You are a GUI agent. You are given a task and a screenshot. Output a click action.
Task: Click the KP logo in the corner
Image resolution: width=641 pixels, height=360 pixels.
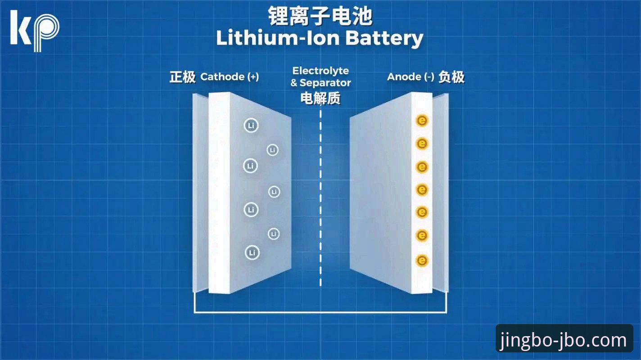coord(35,31)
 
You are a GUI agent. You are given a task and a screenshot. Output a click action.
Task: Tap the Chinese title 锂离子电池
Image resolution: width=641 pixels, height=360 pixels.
coord(320,16)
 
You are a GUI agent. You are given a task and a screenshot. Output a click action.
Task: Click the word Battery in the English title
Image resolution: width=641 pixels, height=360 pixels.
coord(384,38)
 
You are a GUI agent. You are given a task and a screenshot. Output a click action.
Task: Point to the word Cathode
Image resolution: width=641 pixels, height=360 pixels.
coord(222,76)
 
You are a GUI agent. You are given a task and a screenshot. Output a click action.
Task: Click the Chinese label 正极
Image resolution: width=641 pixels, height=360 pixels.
coord(182,76)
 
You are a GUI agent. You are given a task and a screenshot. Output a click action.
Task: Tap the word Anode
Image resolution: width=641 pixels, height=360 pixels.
coord(404,76)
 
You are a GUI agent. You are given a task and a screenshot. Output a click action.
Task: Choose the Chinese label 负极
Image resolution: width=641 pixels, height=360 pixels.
coord(451,76)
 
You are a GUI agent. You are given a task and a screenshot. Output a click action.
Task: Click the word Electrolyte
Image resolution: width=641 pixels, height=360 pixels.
coord(320,71)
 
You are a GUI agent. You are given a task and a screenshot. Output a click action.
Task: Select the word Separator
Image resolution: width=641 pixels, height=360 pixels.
coord(325,83)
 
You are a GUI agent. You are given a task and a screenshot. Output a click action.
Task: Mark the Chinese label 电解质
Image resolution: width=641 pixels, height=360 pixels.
coord(320,98)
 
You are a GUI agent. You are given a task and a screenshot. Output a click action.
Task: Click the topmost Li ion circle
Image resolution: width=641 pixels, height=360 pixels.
coord(251,126)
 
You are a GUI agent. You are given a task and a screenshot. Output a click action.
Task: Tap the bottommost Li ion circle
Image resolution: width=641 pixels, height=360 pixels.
coord(252,253)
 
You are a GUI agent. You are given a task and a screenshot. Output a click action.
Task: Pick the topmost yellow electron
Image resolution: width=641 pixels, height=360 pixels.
coord(422,121)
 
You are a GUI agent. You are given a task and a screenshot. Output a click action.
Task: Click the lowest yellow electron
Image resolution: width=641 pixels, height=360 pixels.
coord(422,261)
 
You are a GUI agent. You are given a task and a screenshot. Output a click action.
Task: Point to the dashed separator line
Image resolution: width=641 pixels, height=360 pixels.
coord(320,198)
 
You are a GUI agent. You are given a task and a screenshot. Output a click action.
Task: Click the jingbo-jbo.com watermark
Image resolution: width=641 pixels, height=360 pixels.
coord(564,340)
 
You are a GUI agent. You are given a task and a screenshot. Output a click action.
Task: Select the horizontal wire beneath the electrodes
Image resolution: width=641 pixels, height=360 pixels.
coord(320,312)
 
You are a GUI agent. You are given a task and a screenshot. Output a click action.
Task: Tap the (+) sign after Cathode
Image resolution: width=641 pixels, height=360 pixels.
coord(253,76)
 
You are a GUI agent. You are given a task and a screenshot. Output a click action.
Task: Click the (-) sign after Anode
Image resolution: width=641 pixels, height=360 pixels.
coord(429,76)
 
